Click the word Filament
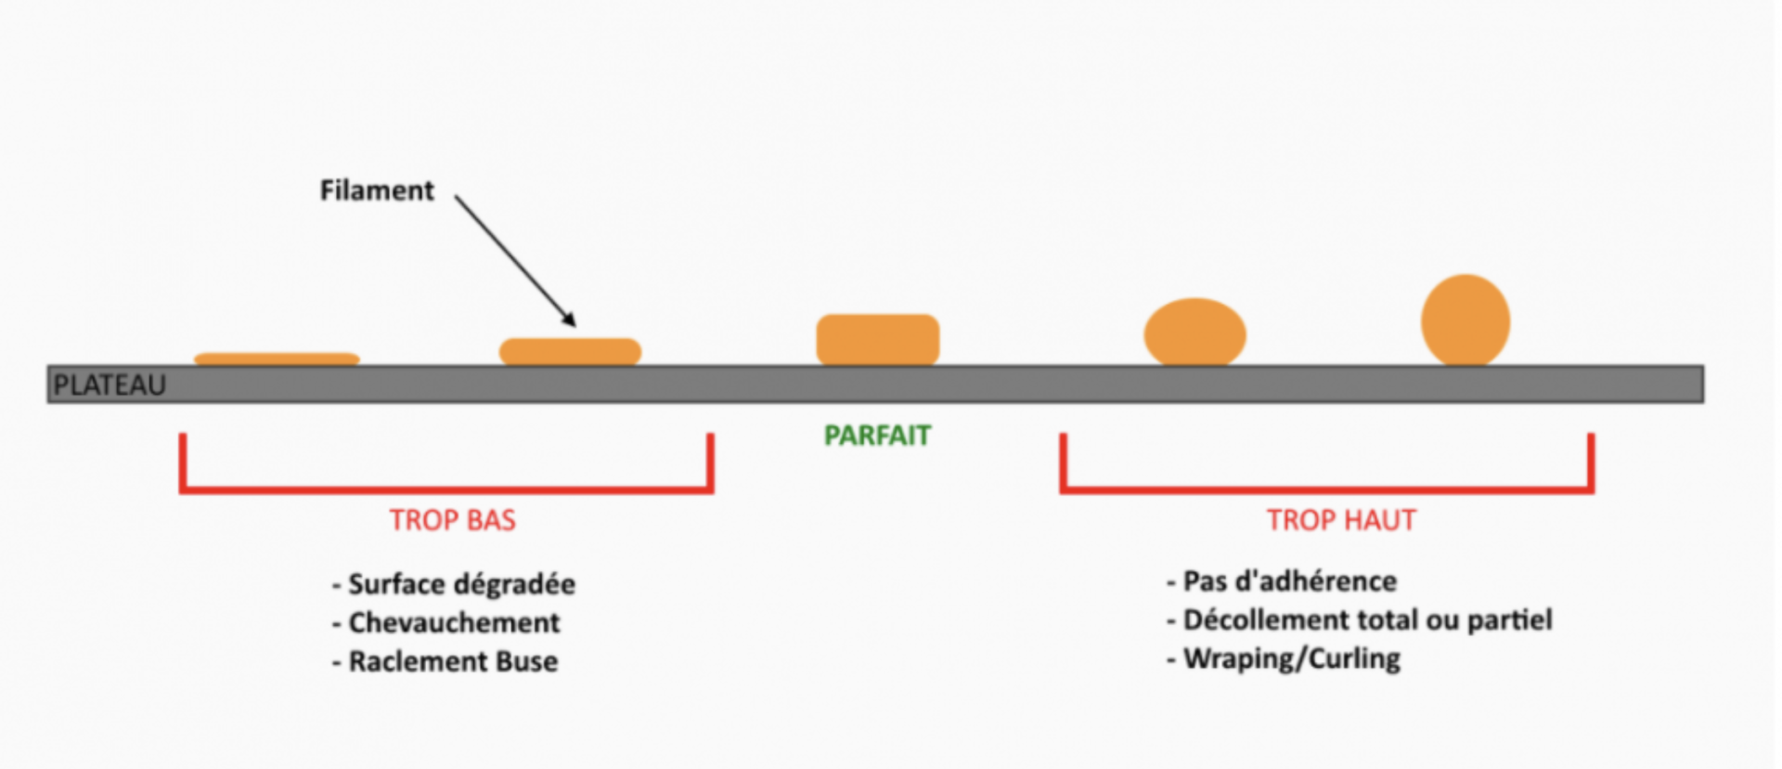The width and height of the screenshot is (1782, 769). click(x=377, y=190)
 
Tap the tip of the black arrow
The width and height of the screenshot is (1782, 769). click(x=575, y=324)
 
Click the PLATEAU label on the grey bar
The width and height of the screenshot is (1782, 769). click(x=110, y=384)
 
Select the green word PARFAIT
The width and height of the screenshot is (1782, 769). click(x=877, y=436)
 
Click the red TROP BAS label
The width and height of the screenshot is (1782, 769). click(x=452, y=520)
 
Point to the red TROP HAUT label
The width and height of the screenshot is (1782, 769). click(x=1341, y=520)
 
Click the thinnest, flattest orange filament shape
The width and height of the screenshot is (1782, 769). click(x=277, y=358)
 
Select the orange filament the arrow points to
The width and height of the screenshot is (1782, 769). click(x=570, y=351)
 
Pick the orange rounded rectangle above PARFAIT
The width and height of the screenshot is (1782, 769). click(x=877, y=339)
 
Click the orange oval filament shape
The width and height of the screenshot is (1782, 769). click(x=1194, y=332)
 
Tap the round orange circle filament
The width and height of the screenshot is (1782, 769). click(x=1465, y=320)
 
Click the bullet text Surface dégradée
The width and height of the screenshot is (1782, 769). click(x=461, y=584)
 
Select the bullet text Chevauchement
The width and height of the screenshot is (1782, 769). click(x=454, y=622)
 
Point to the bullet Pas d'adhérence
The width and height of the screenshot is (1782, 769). click(x=1289, y=581)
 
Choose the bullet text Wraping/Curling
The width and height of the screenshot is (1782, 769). click(x=1291, y=658)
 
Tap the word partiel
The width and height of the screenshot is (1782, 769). click(x=1509, y=619)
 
